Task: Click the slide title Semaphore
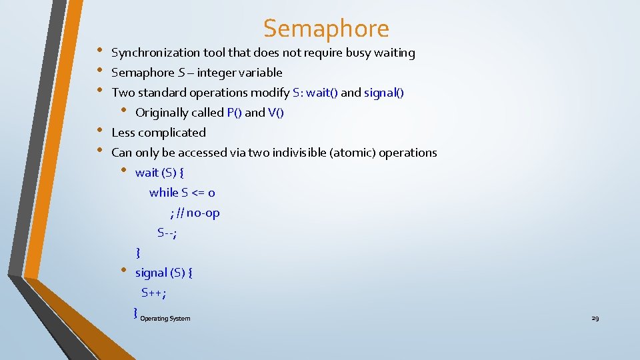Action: (x=326, y=29)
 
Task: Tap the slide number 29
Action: (x=595, y=319)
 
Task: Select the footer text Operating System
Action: (x=165, y=319)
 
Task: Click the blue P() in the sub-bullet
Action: (x=234, y=113)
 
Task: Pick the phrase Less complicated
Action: (x=159, y=133)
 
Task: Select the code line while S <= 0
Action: (x=182, y=193)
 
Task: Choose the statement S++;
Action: (x=153, y=293)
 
